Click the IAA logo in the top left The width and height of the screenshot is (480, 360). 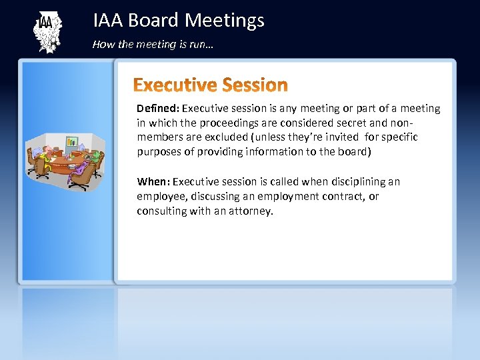pyautogui.click(x=47, y=32)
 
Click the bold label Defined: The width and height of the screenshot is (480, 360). pyautogui.click(x=158, y=108)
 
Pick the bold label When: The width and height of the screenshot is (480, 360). pyautogui.click(x=153, y=181)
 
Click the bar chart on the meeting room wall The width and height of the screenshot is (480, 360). pyautogui.click(x=71, y=141)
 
